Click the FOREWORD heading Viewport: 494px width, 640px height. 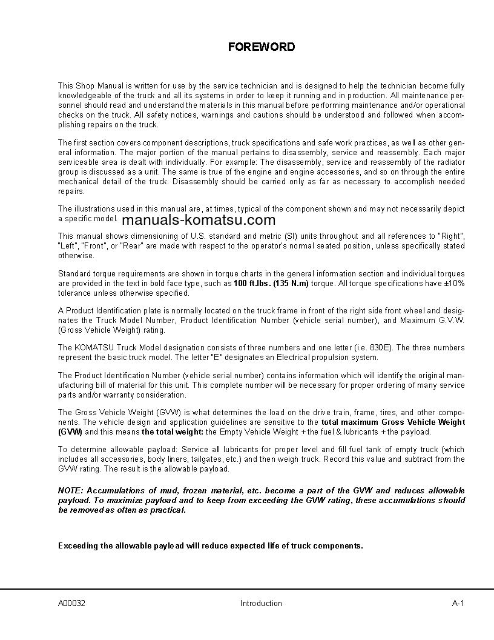262,47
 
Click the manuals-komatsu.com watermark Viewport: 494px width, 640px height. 198,221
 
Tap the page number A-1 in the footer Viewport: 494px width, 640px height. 458,603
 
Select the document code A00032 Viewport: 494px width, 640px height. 71,603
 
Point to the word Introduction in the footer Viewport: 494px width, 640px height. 261,603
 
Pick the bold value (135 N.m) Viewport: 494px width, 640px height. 291,284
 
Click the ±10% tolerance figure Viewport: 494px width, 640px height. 455,284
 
